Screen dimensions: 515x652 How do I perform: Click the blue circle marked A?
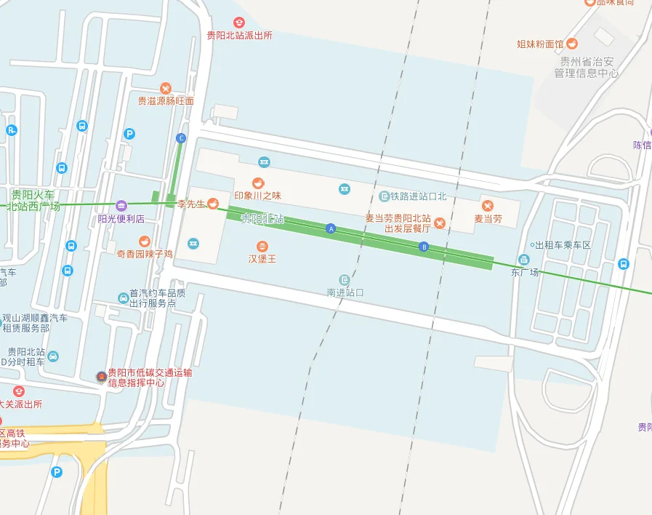[x=331, y=228]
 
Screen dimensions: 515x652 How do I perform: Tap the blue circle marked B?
[x=424, y=247]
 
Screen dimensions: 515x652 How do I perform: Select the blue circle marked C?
[x=182, y=138]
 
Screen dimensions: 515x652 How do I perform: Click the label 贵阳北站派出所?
[x=239, y=35]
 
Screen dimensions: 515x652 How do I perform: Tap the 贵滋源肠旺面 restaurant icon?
[x=166, y=88]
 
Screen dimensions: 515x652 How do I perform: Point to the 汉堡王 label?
[x=262, y=258]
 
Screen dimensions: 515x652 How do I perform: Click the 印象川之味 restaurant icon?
[x=257, y=183]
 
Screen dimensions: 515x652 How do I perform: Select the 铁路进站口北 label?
[x=418, y=196]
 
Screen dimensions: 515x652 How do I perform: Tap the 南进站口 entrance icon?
[x=345, y=280]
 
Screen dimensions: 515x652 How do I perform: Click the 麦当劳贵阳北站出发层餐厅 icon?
[x=440, y=223]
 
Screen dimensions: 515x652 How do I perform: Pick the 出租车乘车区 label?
[x=563, y=245]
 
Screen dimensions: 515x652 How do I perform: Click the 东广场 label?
[x=525, y=273]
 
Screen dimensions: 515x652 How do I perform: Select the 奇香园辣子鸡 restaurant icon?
[x=145, y=241]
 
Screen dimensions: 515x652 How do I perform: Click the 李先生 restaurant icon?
[x=213, y=203]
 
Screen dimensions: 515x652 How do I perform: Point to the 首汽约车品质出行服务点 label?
[x=157, y=298]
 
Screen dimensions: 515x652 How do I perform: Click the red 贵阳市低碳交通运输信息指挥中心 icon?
[x=101, y=376]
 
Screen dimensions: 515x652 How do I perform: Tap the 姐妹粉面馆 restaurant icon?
[x=572, y=44]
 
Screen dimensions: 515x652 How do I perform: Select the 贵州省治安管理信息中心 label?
[x=586, y=68]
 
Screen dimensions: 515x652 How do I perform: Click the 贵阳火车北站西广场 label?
[x=34, y=200]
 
